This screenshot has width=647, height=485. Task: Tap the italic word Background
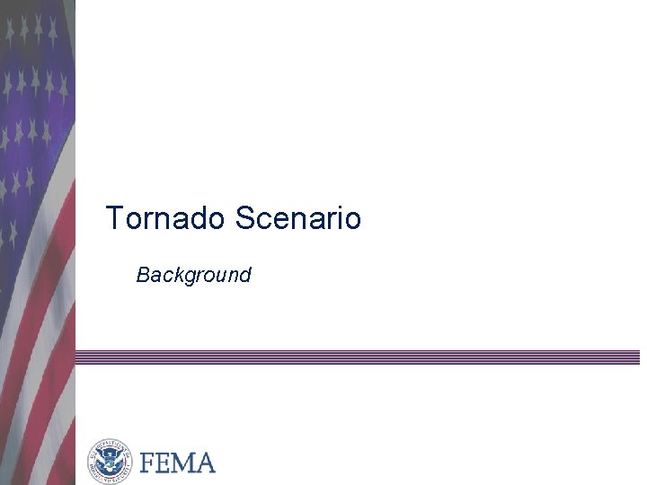coord(193,275)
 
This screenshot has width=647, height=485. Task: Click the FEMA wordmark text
coord(177,463)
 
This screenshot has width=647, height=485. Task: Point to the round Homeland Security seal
coord(110,462)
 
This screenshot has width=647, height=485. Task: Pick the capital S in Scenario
coord(245,218)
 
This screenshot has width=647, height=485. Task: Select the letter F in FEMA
coord(148,463)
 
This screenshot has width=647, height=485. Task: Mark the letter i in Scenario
coord(339,218)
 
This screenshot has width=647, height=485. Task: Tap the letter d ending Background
coord(244,275)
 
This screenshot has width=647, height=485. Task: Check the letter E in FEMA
coord(164,463)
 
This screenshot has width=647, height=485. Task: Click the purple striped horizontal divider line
coord(359,357)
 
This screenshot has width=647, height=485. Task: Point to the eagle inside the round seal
coord(110,461)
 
